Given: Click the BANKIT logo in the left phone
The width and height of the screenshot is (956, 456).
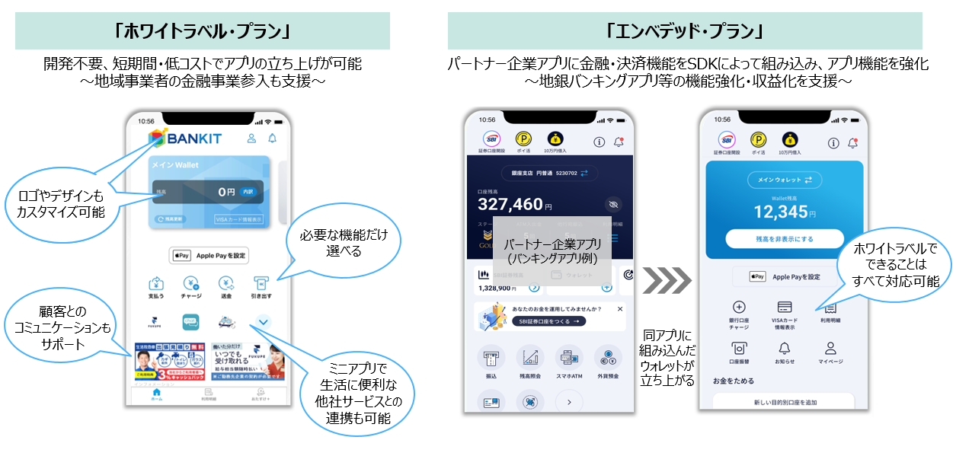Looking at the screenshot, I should pyautogui.click(x=185, y=139).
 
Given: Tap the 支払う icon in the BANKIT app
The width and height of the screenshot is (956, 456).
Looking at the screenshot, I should pyautogui.click(x=157, y=284).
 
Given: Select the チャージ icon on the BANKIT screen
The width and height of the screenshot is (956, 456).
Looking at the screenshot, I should pyautogui.click(x=190, y=284).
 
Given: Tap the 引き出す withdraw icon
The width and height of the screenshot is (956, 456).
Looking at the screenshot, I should pyautogui.click(x=261, y=284).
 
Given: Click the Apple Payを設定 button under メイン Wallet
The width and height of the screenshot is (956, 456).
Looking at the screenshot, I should pyautogui.click(x=209, y=256).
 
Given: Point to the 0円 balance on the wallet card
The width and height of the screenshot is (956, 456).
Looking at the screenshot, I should pyautogui.click(x=226, y=193).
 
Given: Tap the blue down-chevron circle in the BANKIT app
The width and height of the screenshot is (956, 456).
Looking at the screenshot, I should pyautogui.click(x=263, y=323).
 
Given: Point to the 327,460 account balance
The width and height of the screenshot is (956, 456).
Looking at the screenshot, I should pyautogui.click(x=510, y=204).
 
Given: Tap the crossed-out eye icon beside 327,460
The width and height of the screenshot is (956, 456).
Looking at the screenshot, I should pyautogui.click(x=612, y=204).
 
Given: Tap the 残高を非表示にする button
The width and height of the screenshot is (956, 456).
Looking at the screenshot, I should pyautogui.click(x=784, y=238).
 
